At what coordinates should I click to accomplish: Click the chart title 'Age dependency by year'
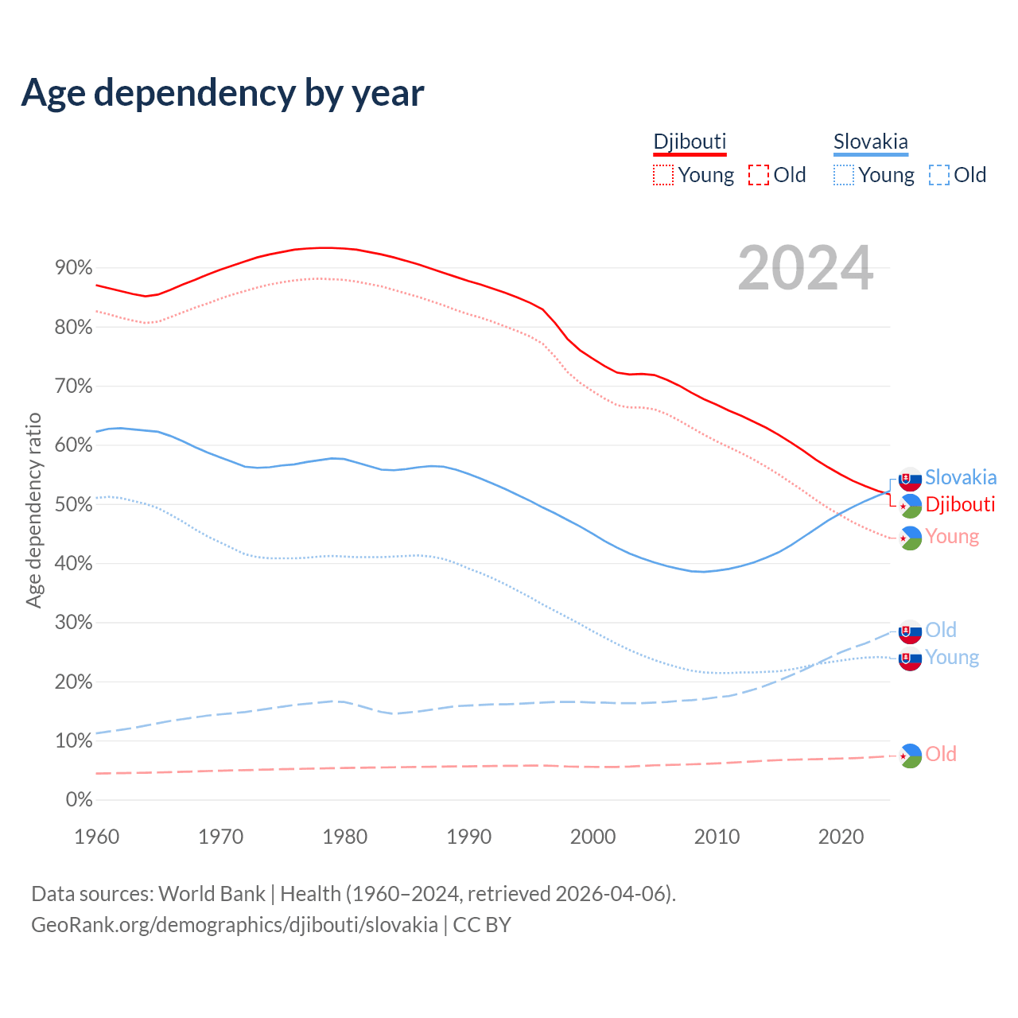click(223, 93)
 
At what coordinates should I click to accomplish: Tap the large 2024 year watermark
click(805, 268)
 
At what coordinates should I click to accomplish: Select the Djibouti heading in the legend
click(690, 142)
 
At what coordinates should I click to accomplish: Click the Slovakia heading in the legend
click(870, 142)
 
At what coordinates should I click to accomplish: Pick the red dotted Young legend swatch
click(662, 175)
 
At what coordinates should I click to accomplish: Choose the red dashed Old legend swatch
click(759, 175)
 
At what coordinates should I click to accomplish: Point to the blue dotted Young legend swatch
click(843, 175)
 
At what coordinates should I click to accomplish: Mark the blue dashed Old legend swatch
click(939, 175)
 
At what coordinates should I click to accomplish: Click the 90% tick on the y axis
click(74, 268)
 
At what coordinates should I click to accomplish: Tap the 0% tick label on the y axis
click(79, 800)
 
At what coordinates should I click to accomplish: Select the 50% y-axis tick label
click(74, 504)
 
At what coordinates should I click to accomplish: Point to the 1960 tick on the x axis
click(96, 837)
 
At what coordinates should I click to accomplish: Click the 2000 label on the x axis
click(593, 837)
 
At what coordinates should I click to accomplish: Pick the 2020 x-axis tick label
click(841, 837)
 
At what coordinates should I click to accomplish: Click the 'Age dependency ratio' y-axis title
click(33, 510)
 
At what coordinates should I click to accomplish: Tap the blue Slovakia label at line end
click(961, 477)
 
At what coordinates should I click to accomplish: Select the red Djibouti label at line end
click(960, 504)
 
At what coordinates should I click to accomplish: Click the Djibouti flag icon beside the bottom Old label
click(910, 756)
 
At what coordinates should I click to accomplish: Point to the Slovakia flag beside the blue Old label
click(910, 631)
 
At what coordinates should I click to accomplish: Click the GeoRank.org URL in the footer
click(235, 924)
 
